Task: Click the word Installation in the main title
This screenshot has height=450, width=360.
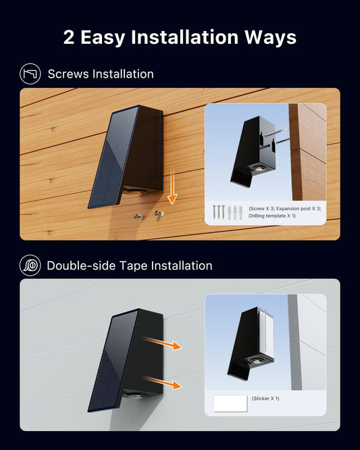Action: point(185,37)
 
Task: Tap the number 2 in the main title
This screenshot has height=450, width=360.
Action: point(69,38)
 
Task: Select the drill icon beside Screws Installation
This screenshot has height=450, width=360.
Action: point(30,74)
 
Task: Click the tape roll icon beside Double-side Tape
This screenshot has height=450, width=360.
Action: point(30,266)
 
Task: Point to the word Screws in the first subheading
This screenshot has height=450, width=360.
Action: point(68,74)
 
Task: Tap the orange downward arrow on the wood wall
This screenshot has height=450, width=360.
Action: point(172,186)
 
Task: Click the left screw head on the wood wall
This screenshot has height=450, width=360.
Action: point(138,216)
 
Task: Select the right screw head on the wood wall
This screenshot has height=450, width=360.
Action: point(159,214)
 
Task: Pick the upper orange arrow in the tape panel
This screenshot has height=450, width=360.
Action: point(162,343)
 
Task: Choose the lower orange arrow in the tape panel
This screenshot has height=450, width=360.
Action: point(162,382)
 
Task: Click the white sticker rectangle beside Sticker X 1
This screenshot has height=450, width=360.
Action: point(230,403)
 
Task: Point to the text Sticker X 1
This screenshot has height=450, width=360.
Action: point(265,399)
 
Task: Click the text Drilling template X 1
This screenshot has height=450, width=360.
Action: point(272,216)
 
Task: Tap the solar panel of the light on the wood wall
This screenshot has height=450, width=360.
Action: point(113,156)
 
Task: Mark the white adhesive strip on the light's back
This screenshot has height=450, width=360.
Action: point(266,334)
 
